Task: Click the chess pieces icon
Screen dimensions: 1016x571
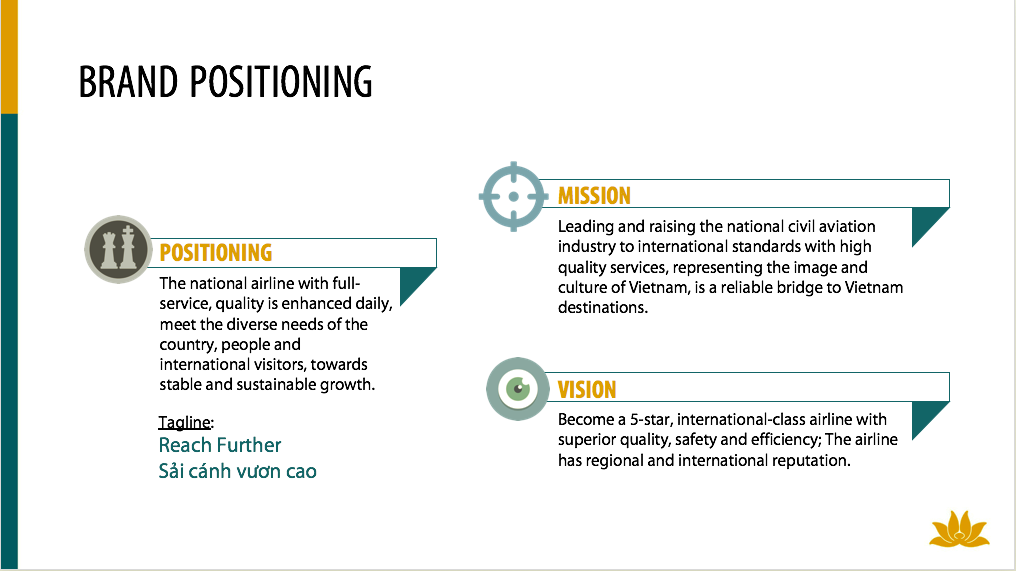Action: tap(119, 250)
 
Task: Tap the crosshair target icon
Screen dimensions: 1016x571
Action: tap(514, 196)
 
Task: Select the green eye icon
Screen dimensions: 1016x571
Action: tap(518, 389)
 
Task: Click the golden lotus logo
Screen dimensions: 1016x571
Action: tap(959, 529)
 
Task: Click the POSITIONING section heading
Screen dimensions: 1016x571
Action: tap(216, 253)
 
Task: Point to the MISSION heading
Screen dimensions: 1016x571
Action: tap(594, 196)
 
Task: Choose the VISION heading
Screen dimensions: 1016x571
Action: tap(587, 390)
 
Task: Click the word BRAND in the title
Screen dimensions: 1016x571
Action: tap(128, 82)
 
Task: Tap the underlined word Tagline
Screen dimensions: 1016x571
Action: tap(185, 422)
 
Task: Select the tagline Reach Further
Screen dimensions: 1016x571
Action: tap(220, 445)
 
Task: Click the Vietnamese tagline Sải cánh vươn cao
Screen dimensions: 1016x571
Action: tap(237, 471)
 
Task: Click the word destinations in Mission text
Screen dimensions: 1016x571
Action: tap(603, 307)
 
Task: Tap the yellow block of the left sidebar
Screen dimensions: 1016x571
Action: tap(9, 56)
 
